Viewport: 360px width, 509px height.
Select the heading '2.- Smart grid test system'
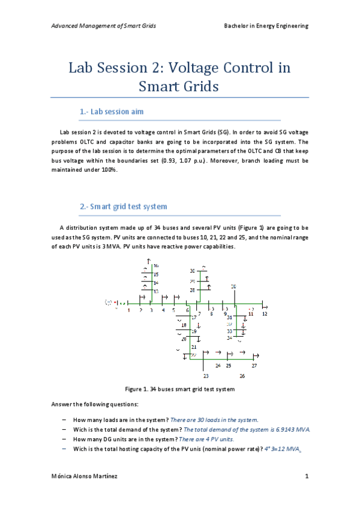click(123, 206)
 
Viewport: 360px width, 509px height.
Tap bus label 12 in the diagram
click(265, 314)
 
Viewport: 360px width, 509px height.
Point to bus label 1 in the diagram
click(128, 310)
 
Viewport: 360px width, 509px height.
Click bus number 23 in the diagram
click(206, 376)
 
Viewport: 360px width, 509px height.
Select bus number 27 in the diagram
click(254, 365)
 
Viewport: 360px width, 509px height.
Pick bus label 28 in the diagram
click(193, 290)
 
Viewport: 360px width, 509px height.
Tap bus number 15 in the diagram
click(155, 274)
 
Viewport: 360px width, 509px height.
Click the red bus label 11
click(251, 313)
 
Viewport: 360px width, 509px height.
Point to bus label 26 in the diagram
click(242, 376)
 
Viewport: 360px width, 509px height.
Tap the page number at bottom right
click(306, 477)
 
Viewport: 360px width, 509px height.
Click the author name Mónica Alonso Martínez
click(84, 477)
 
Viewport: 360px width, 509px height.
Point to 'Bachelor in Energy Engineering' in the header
click(266, 26)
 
